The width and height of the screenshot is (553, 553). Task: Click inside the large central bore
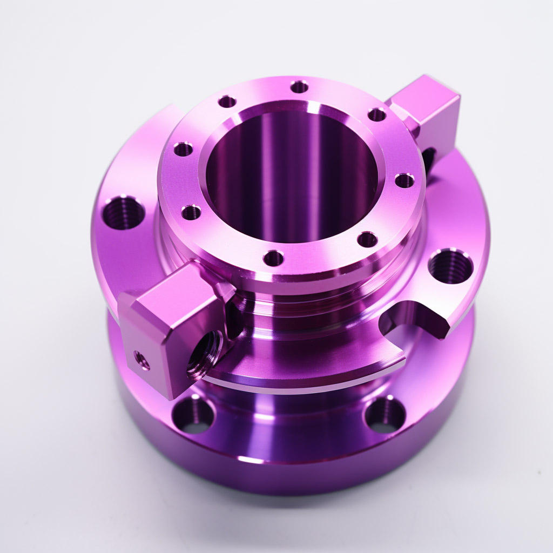click(x=292, y=178)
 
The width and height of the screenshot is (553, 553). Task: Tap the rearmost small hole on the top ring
click(x=299, y=86)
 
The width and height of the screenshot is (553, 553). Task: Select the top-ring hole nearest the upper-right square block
click(x=376, y=114)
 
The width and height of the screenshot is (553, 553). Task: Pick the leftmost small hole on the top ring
click(x=184, y=149)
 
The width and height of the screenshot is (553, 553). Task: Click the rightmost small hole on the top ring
click(x=404, y=180)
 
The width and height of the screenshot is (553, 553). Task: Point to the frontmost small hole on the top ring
click(x=274, y=258)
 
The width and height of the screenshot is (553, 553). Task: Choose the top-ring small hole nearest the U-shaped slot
click(x=367, y=239)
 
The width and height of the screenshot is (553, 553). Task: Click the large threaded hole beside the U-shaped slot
click(x=450, y=266)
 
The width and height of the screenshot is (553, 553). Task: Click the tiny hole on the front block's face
click(x=142, y=360)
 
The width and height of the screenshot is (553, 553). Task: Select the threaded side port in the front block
click(x=204, y=354)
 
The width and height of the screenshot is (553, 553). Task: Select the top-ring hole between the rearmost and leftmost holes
click(x=227, y=101)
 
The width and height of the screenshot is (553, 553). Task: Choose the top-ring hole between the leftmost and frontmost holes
click(x=191, y=212)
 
